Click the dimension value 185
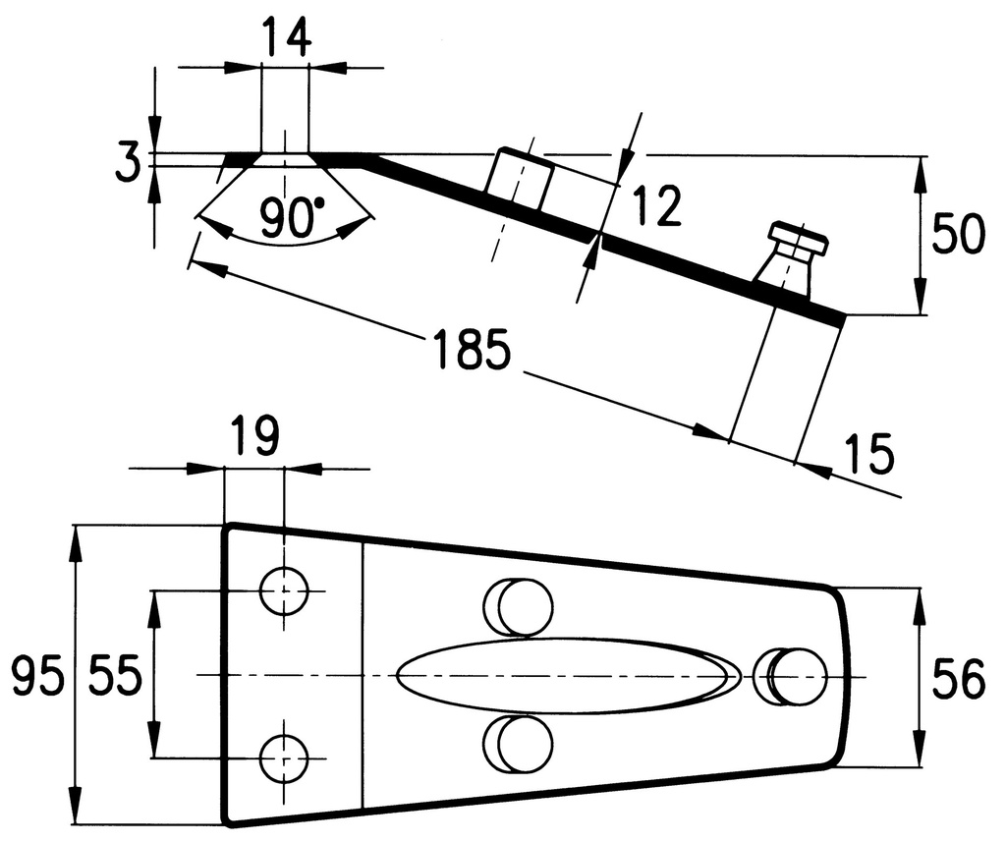[x=473, y=349]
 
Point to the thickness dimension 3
[x=128, y=163]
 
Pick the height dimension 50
[x=957, y=234]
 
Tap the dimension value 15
[x=868, y=453]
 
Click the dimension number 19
[x=254, y=436]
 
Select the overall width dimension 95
[x=38, y=676]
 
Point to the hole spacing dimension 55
[x=115, y=675]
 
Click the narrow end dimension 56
[x=957, y=679]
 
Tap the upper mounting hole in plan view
[x=284, y=590]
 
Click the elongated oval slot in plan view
[x=568, y=676]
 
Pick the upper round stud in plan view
[x=518, y=607]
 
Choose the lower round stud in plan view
[x=518, y=744]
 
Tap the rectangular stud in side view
[x=520, y=179]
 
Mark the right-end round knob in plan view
[x=790, y=676]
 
